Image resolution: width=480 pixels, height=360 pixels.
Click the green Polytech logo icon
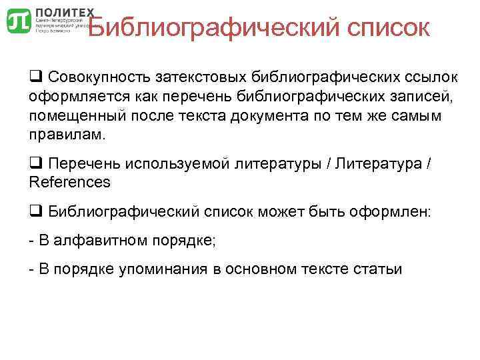tap(18, 21)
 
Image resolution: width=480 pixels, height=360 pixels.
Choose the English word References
tap(70, 181)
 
